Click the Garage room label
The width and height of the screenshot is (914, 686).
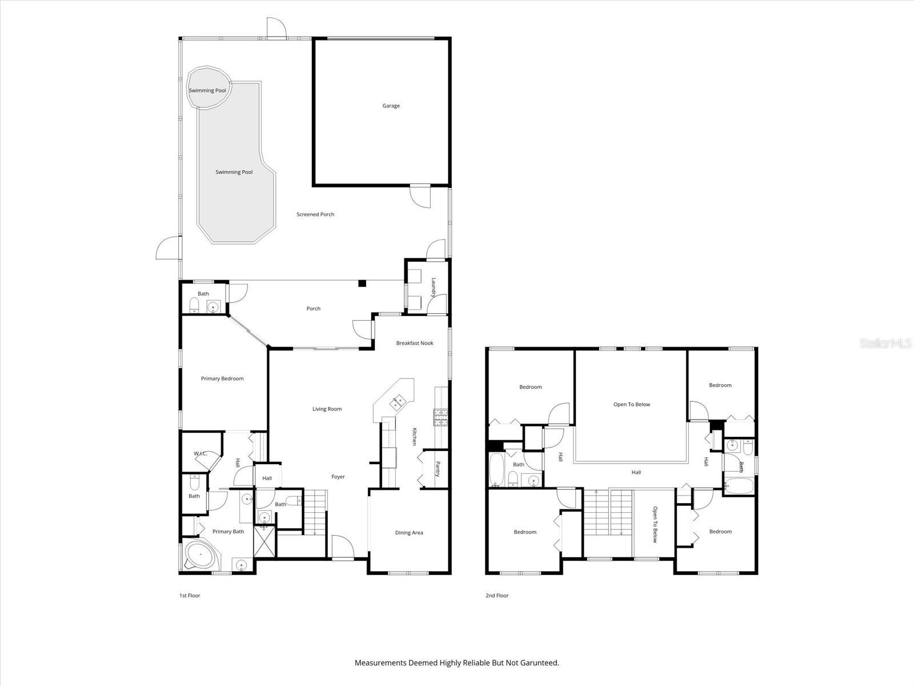click(x=391, y=106)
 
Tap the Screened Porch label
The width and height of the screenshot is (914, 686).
click(x=315, y=214)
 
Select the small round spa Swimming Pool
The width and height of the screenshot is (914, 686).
click(x=209, y=88)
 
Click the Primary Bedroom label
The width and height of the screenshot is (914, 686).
click(x=222, y=378)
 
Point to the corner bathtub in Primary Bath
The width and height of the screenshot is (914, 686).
click(x=199, y=555)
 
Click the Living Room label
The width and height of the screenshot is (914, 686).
click(x=327, y=409)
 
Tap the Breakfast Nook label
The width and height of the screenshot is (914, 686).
click(x=415, y=343)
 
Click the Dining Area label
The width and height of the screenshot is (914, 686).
click(x=409, y=533)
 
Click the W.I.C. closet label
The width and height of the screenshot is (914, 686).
click(x=200, y=453)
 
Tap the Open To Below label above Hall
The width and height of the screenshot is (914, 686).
click(x=632, y=404)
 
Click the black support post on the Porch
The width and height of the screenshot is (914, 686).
click(x=362, y=283)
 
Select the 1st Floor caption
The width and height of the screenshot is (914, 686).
click(x=190, y=596)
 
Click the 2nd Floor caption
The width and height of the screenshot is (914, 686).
click(x=497, y=596)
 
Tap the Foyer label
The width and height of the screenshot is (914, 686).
click(x=338, y=476)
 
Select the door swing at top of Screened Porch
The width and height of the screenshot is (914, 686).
click(x=275, y=29)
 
